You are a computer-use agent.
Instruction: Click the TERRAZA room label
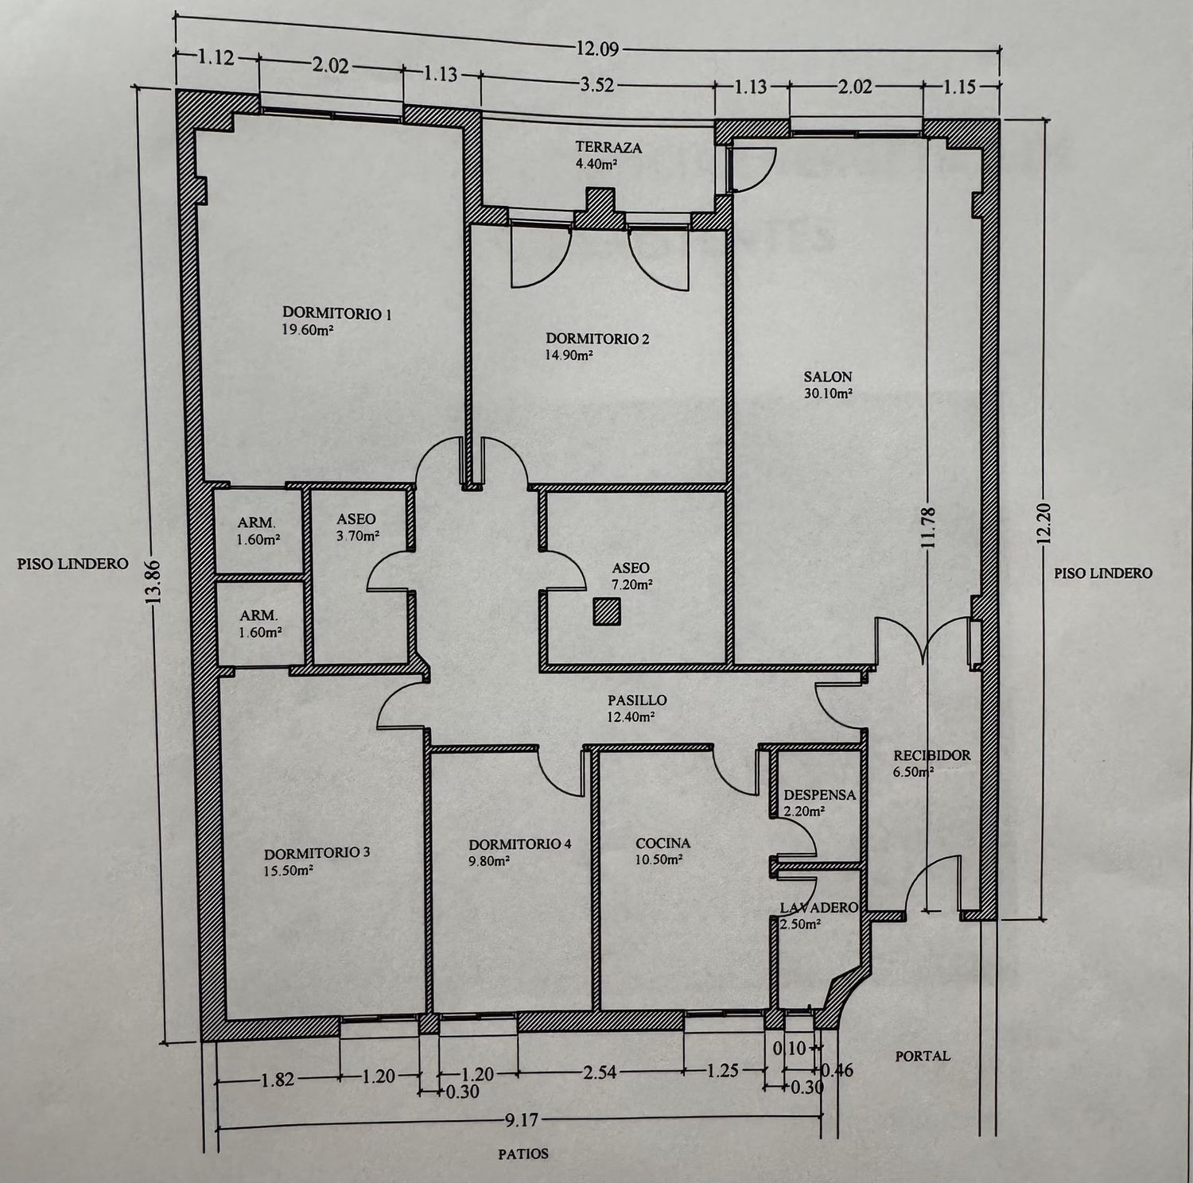click(x=609, y=147)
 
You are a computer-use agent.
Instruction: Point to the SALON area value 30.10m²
click(x=828, y=393)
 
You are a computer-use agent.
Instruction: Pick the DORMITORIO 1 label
click(x=337, y=313)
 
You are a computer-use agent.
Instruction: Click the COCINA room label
click(x=663, y=844)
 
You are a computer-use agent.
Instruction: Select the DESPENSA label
click(x=819, y=794)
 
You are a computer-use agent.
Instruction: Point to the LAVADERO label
click(x=818, y=907)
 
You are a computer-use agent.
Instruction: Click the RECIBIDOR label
click(x=931, y=755)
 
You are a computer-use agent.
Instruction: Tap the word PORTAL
click(x=923, y=1056)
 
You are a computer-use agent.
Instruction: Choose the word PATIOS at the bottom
click(x=523, y=1154)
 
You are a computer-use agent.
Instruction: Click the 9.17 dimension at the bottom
click(x=521, y=1121)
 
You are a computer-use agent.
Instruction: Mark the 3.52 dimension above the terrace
click(x=596, y=85)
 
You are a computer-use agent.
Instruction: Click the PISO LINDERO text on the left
click(x=72, y=564)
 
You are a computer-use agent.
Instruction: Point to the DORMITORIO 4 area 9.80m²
click(x=489, y=860)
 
